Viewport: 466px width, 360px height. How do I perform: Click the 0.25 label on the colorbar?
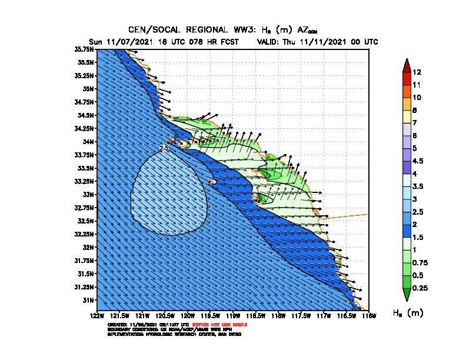point(420,288)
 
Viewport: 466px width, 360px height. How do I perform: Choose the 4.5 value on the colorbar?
point(418,161)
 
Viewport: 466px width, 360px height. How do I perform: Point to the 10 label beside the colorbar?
point(417,97)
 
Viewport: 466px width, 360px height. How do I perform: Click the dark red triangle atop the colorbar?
point(405,65)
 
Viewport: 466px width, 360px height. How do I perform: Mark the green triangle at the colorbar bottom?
point(405,294)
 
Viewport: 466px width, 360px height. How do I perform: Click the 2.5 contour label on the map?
point(164,149)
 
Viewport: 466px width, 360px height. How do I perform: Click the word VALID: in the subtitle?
point(270,42)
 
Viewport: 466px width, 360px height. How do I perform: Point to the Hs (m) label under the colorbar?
point(408,313)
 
